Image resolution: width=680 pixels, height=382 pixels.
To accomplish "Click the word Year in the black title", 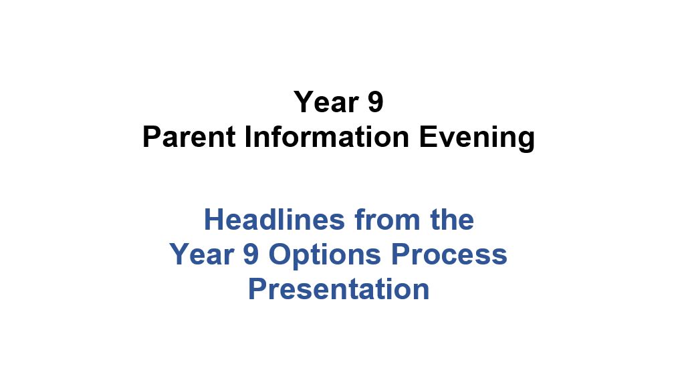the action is (326, 102).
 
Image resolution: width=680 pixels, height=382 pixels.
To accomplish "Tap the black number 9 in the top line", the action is (376, 102).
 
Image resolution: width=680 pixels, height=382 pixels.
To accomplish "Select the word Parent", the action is (189, 137).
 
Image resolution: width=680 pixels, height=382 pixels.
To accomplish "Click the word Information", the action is (327, 137).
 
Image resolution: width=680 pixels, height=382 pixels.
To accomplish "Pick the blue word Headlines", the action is (275, 219).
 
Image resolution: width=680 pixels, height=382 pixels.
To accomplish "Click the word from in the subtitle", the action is (388, 219).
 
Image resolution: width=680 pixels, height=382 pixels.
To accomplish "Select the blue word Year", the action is (202, 254).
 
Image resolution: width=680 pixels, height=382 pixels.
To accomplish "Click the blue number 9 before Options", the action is (251, 254).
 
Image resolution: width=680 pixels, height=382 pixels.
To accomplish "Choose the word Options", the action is (325, 256).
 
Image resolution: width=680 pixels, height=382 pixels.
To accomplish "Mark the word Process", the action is (449, 254).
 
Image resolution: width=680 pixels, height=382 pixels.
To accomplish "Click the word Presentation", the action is (339, 289).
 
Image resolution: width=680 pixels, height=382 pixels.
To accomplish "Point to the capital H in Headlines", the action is (213, 219).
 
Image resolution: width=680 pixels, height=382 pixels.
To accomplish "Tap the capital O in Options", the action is (280, 254).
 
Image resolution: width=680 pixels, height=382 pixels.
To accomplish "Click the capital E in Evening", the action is (428, 137).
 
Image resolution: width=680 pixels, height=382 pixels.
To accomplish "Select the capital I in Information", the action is (247, 137).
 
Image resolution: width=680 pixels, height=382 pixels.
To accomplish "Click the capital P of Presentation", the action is (257, 289).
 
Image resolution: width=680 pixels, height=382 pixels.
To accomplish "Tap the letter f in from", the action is (361, 219).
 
